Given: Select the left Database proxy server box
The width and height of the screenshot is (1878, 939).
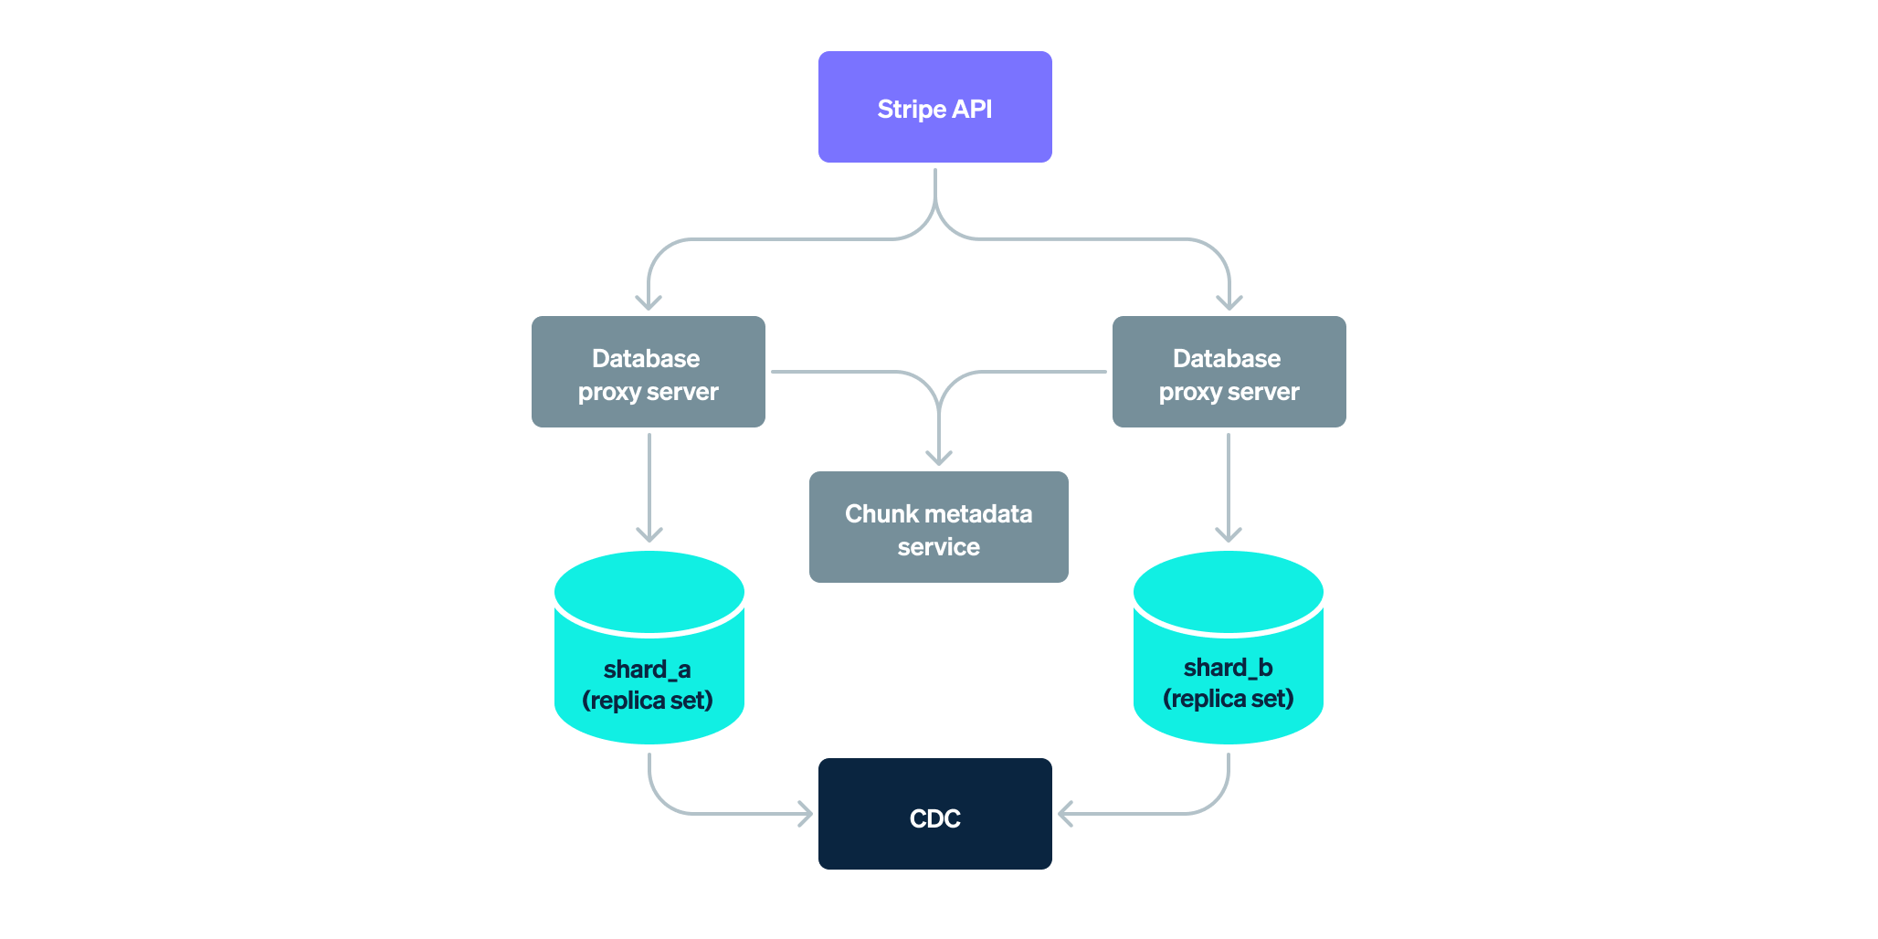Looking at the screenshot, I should pos(648,373).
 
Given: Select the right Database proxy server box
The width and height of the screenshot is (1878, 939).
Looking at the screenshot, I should pos(1229,373).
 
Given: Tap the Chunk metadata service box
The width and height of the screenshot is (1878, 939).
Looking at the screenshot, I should pos(938,528).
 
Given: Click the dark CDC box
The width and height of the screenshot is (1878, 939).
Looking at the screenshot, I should pos(934,813).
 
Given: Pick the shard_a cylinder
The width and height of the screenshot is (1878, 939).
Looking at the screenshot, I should pos(649,649).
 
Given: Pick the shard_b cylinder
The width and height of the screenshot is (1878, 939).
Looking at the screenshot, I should pos(1228,649).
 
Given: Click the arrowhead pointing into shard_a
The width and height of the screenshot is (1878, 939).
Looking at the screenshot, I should pos(649,533).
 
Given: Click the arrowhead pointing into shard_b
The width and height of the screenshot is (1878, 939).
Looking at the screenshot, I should pos(1228,533).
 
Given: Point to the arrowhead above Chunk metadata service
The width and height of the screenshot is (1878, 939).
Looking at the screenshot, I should pos(938,457).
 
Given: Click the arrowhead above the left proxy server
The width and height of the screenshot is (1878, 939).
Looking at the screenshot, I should pos(648,301).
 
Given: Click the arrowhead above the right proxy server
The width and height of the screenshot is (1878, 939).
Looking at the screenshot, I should pos(1229,301).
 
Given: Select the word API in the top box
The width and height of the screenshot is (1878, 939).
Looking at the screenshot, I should pos(972,110).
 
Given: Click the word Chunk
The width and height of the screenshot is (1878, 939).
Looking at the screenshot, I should pos(881,514).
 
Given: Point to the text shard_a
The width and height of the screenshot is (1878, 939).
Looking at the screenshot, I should pos(647,670).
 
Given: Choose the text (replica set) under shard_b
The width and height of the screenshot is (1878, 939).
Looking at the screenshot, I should pos(1228,699).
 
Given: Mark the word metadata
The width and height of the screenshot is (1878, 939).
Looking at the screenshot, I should pos(978,514).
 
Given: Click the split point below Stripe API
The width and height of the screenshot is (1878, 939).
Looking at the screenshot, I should pos(934,206).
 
